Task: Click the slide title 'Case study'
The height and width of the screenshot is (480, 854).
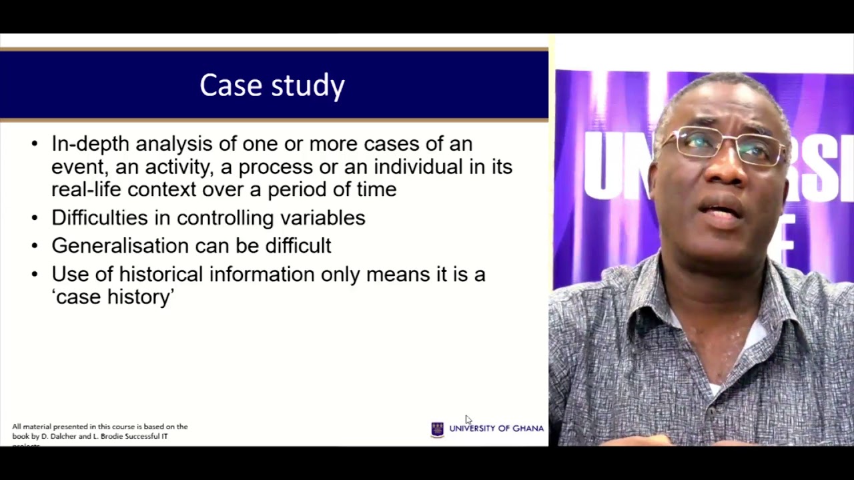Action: (272, 85)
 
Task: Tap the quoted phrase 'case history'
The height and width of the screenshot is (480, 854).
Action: (113, 297)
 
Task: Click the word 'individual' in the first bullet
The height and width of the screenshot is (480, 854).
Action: (420, 167)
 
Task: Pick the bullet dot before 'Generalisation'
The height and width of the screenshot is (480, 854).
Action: (35, 246)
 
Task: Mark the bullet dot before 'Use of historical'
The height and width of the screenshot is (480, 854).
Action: (35, 274)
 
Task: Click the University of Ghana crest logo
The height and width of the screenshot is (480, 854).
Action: (438, 429)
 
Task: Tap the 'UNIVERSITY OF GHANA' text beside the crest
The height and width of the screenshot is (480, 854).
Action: (496, 429)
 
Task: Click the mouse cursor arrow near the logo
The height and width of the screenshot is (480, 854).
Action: (468, 419)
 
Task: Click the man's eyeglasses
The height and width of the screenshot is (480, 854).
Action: (727, 145)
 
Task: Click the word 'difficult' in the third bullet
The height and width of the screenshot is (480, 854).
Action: (298, 246)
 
